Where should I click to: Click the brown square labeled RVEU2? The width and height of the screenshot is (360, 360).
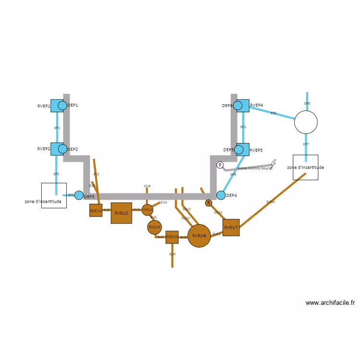click(x=121, y=213)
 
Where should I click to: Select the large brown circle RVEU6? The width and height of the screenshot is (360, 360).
click(x=199, y=236)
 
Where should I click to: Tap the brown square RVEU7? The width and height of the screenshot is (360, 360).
click(x=231, y=228)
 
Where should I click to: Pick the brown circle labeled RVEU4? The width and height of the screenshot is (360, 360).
click(x=155, y=227)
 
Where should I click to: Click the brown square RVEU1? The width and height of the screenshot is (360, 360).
click(x=96, y=210)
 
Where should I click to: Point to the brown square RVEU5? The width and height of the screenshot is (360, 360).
click(x=172, y=237)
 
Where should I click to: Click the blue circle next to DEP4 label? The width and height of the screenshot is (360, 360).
click(x=221, y=195)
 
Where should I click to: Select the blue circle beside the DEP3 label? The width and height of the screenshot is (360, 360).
click(x=79, y=195)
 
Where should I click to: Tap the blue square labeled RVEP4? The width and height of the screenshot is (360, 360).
click(x=243, y=106)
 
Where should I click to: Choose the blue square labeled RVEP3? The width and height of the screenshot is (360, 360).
click(x=243, y=149)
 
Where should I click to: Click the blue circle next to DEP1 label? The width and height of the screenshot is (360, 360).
click(x=62, y=105)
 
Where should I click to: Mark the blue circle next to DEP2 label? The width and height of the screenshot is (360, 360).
click(x=62, y=149)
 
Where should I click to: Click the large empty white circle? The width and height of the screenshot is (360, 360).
click(x=306, y=122)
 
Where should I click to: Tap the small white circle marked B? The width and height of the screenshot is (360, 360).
click(x=220, y=165)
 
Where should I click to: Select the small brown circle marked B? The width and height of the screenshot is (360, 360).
click(x=208, y=203)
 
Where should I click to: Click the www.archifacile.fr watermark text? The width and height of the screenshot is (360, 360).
click(x=330, y=303)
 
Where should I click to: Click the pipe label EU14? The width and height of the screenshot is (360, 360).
click(x=271, y=202)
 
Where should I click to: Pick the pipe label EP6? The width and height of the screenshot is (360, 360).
click(x=274, y=113)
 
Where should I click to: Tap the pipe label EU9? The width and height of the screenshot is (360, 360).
click(x=172, y=254)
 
